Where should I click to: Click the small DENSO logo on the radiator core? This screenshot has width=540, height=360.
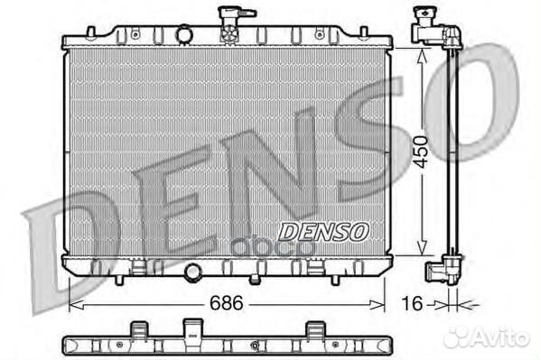click(324, 231)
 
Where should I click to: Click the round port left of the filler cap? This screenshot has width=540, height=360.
click(184, 33)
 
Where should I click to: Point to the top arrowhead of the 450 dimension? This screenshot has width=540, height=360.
click(422, 53)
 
